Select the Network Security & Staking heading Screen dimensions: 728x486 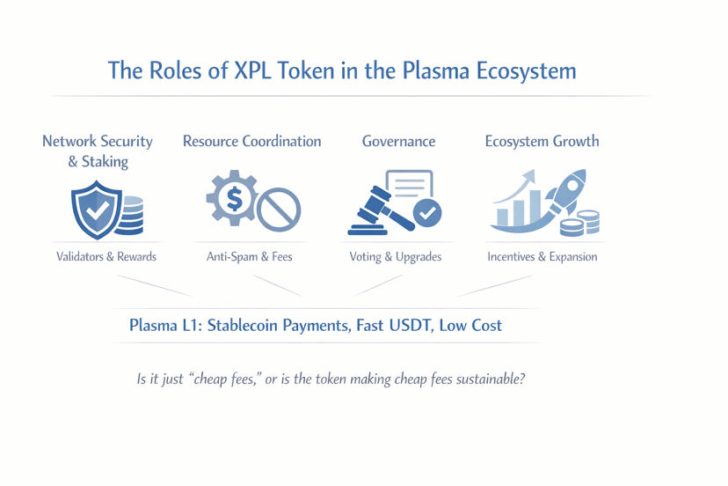(98, 151)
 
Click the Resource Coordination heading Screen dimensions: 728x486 (251, 141)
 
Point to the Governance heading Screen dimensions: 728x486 (398, 141)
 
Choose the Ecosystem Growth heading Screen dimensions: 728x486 (542, 141)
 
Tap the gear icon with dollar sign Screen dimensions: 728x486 (233, 198)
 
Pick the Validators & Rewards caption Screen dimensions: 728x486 (106, 257)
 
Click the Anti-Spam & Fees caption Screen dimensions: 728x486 (250, 257)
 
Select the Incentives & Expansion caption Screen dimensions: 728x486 (542, 257)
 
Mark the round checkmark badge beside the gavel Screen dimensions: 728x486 (427, 212)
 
